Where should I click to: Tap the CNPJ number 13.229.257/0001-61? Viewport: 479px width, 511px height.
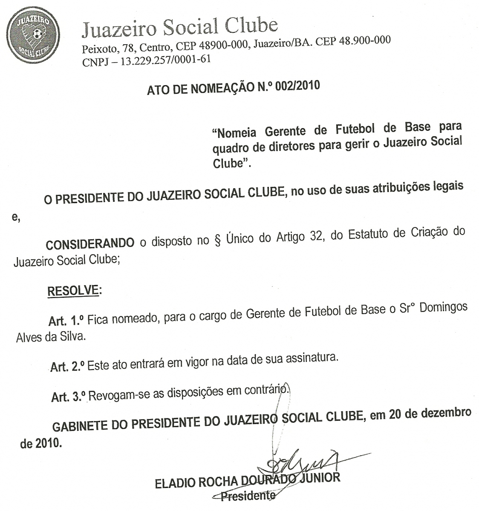[x=166, y=60]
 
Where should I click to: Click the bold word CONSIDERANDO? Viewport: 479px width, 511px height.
[x=90, y=244]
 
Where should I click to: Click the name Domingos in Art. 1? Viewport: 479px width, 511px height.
[x=443, y=307]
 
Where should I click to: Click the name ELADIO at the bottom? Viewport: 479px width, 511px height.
[x=175, y=483]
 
